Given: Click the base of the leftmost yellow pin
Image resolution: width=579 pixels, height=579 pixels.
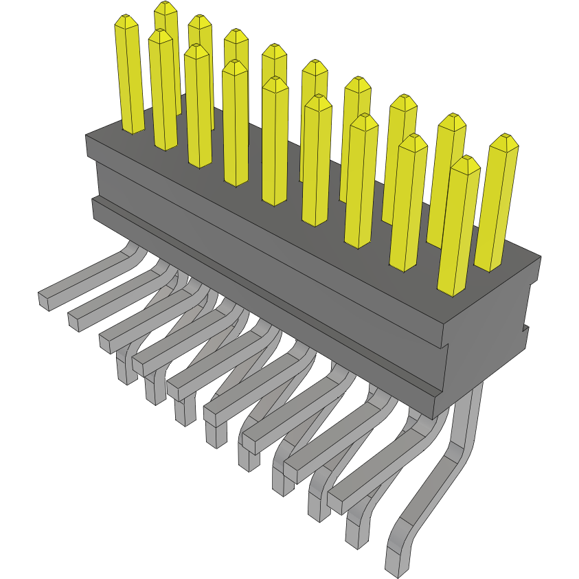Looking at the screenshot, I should coord(133,128).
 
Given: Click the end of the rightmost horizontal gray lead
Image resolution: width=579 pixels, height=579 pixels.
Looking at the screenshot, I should coord(336,503).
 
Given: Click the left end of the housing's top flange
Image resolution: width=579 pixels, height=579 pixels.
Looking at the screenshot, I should coord(88,146).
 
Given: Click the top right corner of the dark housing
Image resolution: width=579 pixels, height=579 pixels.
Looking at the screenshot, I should coord(541,257).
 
